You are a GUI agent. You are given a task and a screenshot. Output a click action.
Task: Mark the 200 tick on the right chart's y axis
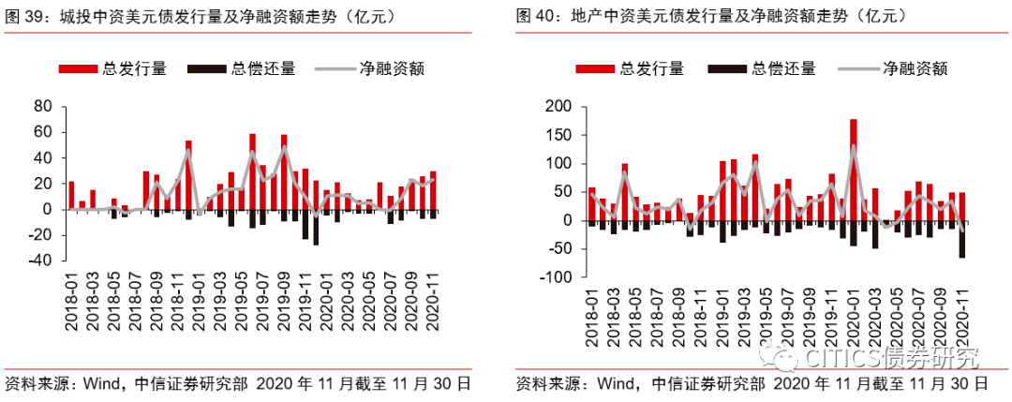(x=556, y=106)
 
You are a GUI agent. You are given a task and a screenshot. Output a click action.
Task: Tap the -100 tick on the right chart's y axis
(x=553, y=277)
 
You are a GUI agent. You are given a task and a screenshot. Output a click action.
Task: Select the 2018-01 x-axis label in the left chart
(x=71, y=300)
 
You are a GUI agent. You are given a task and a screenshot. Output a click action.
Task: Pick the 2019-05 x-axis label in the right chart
(x=766, y=315)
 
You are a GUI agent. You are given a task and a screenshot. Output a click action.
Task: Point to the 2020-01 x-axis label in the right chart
(x=854, y=315)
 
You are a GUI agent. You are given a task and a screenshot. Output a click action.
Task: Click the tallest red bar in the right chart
(x=853, y=169)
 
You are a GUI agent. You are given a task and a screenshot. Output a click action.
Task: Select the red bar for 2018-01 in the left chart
(x=71, y=195)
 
